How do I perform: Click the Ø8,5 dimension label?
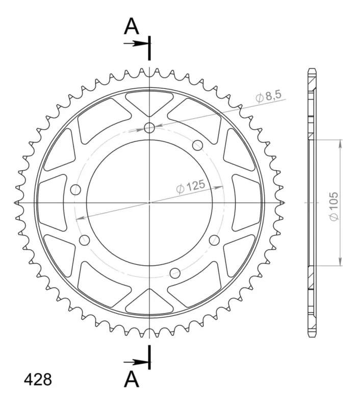268,97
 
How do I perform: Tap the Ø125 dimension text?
191,187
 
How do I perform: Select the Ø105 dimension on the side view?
333,207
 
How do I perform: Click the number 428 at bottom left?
38,379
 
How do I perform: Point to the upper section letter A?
132,27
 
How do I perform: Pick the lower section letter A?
132,379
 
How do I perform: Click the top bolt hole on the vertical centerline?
149,127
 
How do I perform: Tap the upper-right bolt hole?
197,145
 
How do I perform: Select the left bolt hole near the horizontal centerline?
75,190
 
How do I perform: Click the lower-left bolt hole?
84,240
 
